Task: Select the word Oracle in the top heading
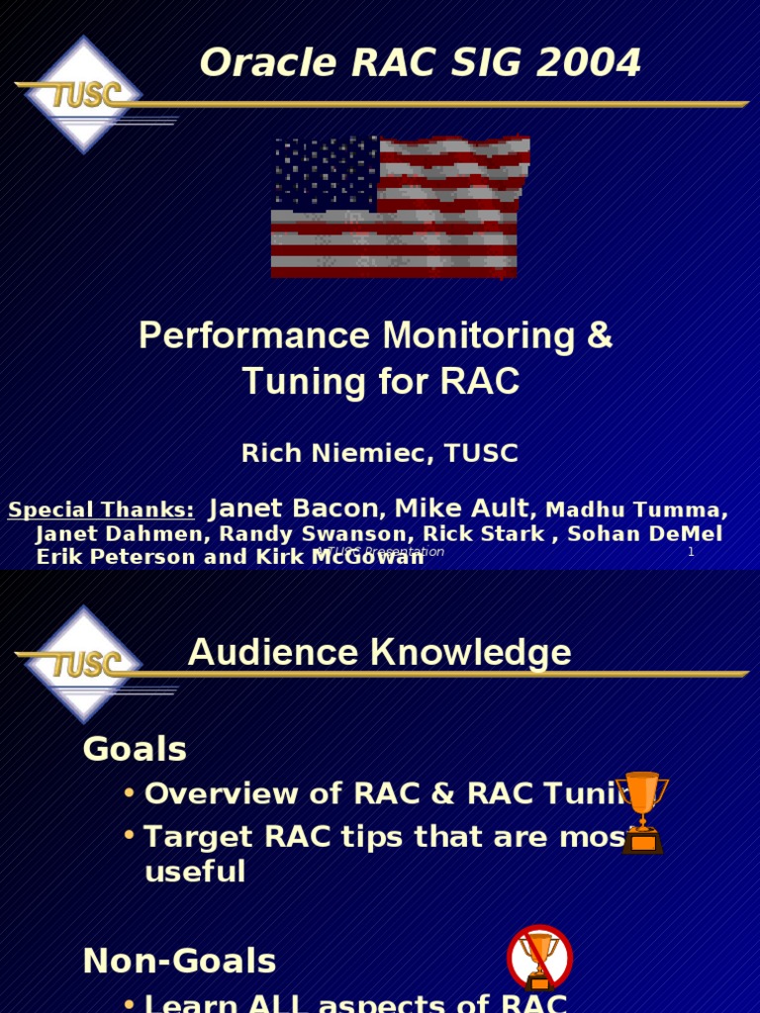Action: pos(253,63)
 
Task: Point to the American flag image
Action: pos(400,207)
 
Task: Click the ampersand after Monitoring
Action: pos(600,336)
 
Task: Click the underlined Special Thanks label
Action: pos(101,510)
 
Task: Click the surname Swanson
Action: pos(366,534)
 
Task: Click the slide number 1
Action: pos(691,552)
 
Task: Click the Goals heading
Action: pos(135,750)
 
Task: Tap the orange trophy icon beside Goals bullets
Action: pos(641,811)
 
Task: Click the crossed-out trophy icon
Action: pos(539,958)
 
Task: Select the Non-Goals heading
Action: pos(179,961)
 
